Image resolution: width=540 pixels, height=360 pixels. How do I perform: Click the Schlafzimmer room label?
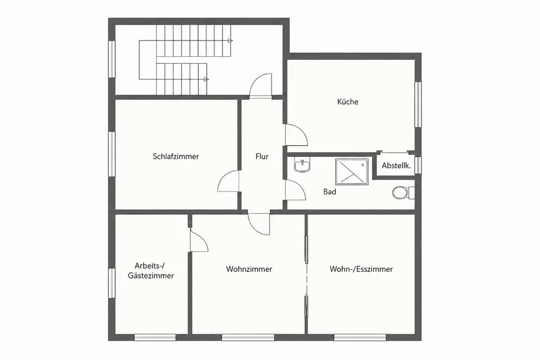point(175,157)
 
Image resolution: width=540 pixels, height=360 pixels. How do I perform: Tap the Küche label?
point(347,101)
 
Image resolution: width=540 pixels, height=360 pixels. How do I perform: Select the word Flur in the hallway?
point(262,157)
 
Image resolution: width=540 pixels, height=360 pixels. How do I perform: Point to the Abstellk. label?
point(396,166)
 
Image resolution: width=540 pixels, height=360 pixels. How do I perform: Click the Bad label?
point(329,192)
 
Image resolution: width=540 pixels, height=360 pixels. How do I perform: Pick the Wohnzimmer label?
point(249,269)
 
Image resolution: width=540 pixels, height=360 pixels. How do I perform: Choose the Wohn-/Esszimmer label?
point(361,269)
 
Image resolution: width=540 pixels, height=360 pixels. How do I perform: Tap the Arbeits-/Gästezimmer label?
point(151,270)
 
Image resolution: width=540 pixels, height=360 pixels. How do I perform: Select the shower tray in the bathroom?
point(352,172)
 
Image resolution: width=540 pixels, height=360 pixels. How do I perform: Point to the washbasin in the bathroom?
point(302,164)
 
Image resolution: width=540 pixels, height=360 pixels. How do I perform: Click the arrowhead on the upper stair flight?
point(230,40)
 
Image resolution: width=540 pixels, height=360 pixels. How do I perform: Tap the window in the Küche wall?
point(418,105)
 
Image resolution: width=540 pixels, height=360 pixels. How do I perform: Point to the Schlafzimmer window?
point(112,154)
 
